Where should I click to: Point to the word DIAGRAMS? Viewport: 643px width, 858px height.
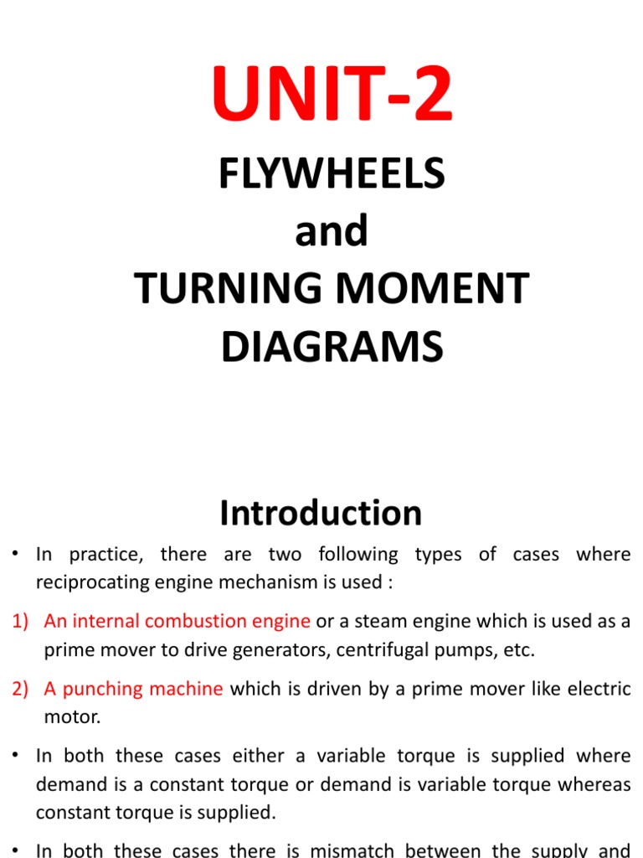(x=332, y=347)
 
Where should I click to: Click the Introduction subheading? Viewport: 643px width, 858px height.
(x=321, y=513)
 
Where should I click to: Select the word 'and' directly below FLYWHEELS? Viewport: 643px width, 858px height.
(x=332, y=231)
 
